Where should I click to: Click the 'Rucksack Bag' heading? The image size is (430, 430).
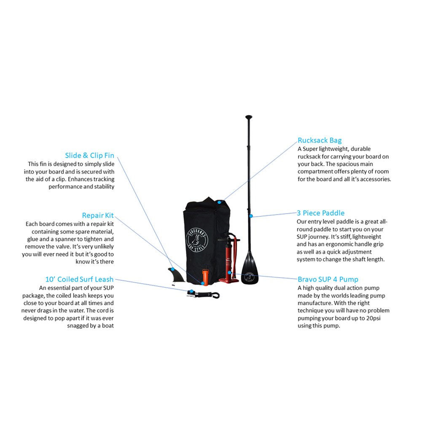pos(320,140)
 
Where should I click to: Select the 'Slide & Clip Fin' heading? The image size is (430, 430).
pos(89,156)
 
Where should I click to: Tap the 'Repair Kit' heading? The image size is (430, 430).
pos(98,215)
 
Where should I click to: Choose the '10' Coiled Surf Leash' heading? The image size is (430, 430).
pos(79,279)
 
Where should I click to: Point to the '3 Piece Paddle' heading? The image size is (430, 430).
pos(320,213)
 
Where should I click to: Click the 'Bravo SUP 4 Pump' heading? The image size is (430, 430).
pos(328,279)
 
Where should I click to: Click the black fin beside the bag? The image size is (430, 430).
pos(176,275)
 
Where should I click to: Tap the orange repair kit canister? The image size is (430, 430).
pos(205,277)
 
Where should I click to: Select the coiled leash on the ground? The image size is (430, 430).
pos(203,295)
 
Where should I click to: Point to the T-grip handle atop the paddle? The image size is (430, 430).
pos(249,117)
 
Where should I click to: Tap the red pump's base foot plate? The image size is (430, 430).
pos(229,279)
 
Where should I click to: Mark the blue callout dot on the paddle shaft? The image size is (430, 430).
pos(251,216)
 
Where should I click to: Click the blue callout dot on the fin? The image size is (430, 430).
pos(172,269)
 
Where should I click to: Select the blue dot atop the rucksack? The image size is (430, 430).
pos(219,202)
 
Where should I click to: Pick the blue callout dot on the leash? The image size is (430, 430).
pos(192,291)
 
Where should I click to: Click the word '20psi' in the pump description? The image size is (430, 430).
pos(373,318)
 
